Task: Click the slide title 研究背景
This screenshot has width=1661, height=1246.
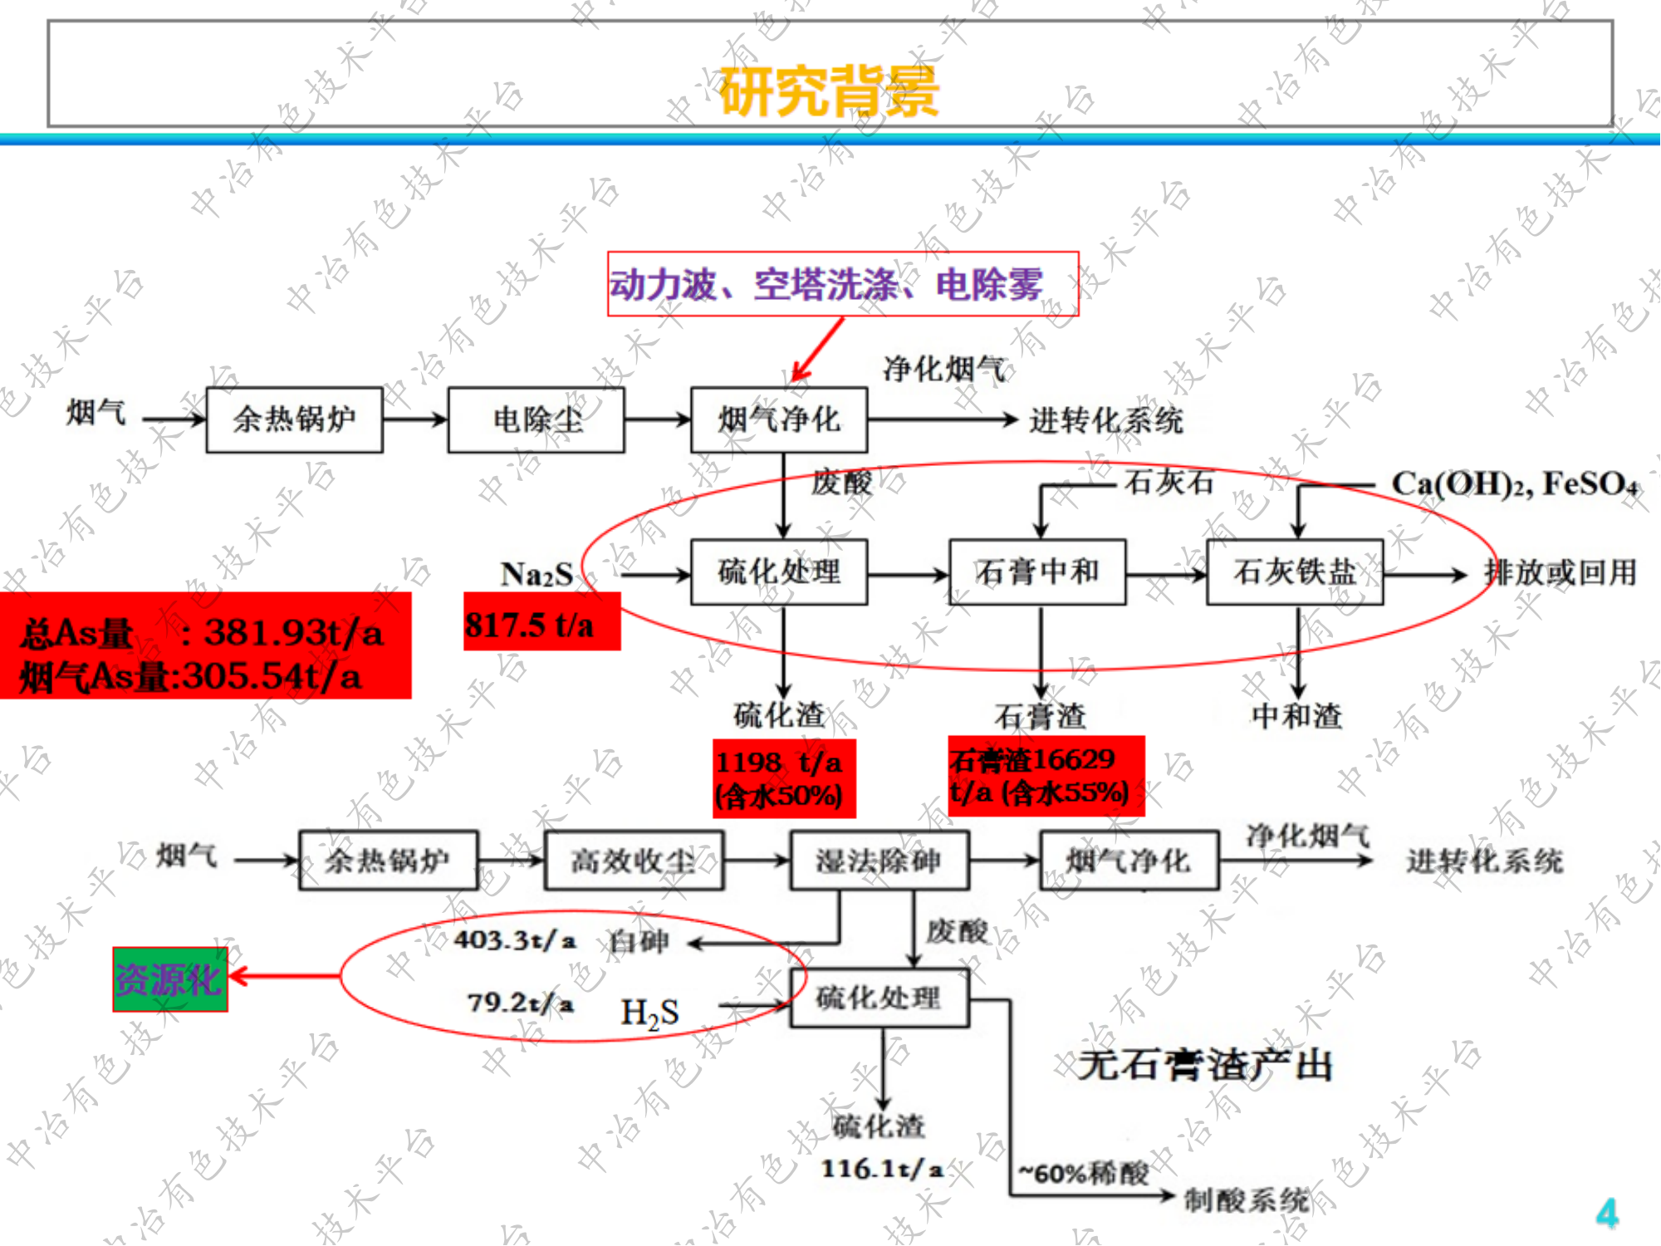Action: point(829,91)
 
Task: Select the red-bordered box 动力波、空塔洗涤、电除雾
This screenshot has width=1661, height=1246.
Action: point(842,284)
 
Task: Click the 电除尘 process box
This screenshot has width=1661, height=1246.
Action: point(537,419)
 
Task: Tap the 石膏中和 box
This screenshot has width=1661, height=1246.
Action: point(1037,572)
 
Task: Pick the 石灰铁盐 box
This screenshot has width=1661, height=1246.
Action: point(1295,572)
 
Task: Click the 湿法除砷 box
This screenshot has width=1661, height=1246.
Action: point(879,861)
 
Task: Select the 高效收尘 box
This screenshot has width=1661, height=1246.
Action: point(634,861)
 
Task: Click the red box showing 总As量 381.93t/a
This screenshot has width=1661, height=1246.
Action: point(204,647)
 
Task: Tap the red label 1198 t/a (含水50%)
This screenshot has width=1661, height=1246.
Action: point(782,779)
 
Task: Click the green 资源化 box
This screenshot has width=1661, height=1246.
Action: point(170,979)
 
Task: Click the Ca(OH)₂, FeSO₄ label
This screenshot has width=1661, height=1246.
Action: point(1515,483)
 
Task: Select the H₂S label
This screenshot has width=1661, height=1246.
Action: point(649,1013)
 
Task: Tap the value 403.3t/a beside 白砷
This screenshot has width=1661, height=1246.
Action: point(515,940)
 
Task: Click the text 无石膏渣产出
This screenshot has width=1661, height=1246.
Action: point(1204,1065)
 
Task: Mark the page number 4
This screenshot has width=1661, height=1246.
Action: point(1607,1213)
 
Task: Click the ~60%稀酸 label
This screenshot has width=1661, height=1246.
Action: point(1084,1173)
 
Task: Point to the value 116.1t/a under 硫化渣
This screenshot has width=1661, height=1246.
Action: point(882,1169)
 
